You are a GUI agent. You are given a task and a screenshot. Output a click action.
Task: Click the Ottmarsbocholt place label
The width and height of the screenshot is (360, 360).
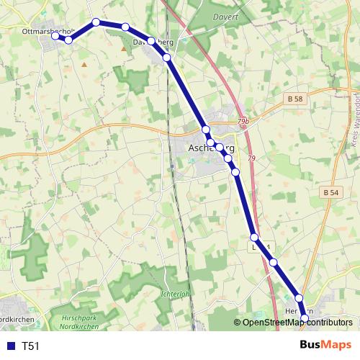(49, 32)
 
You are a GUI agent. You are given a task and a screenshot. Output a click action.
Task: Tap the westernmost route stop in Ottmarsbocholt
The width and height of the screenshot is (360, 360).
(55, 36)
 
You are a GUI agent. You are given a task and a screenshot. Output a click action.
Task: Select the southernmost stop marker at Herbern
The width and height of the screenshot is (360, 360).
(305, 318)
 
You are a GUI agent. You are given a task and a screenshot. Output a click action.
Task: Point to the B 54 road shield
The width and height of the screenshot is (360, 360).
(330, 192)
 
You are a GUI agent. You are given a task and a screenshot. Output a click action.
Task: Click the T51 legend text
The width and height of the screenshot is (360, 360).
(31, 346)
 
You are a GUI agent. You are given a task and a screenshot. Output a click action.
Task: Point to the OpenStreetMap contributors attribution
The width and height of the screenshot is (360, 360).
(297, 323)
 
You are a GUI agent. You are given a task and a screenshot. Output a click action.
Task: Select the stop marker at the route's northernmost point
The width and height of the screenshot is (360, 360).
(96, 22)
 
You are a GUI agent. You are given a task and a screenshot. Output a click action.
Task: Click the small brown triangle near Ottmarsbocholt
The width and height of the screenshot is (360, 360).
(84, 64)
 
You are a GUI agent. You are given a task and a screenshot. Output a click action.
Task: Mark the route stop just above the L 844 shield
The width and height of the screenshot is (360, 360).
(254, 237)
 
